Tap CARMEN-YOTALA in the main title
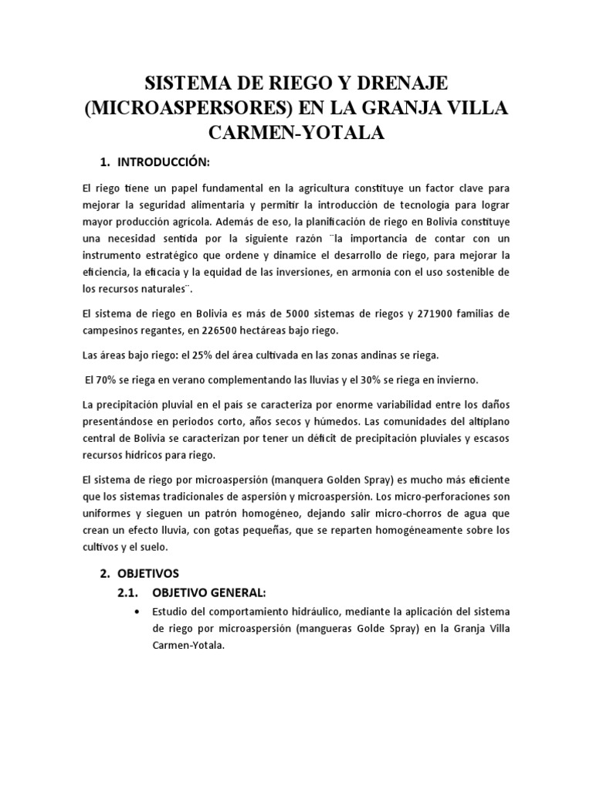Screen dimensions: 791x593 tap(296, 133)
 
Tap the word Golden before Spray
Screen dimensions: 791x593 tap(379, 480)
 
